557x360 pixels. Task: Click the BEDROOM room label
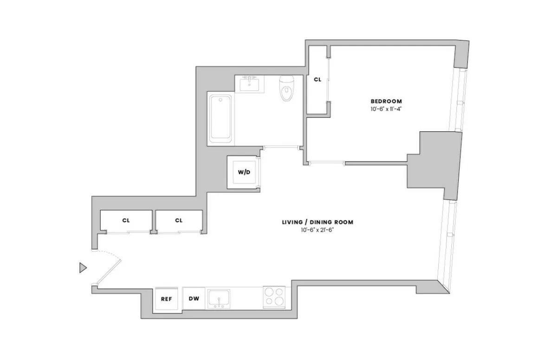click(x=386, y=101)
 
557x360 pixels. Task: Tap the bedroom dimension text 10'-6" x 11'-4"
click(x=386, y=109)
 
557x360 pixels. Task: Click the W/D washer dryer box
click(x=244, y=173)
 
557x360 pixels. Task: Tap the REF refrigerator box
click(x=166, y=299)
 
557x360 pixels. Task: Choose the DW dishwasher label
click(x=194, y=299)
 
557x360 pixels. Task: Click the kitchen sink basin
click(x=219, y=297)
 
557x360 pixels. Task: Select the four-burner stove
click(x=274, y=297)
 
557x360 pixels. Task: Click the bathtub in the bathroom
click(x=220, y=118)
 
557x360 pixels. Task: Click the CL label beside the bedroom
click(x=317, y=80)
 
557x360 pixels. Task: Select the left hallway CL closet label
click(x=126, y=220)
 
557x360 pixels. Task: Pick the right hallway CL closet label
click(x=179, y=220)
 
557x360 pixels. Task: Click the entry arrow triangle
click(x=83, y=267)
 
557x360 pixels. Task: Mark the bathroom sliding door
click(x=281, y=148)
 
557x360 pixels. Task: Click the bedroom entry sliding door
click(x=326, y=163)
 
